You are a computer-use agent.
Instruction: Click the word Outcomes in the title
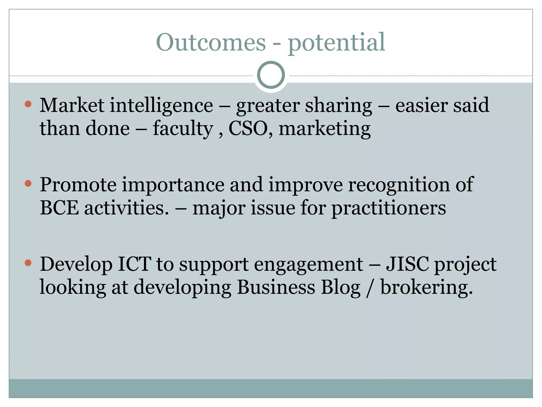(211, 42)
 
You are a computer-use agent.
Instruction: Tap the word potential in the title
(336, 42)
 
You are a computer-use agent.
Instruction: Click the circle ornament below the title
(271, 75)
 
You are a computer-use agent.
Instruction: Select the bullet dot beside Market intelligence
(28, 104)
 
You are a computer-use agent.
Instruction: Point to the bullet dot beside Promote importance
(28, 183)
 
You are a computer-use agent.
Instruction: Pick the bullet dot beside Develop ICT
(28, 263)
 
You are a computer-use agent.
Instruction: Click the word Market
(72, 105)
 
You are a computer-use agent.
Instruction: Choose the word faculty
(183, 129)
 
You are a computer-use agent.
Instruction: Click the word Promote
(78, 185)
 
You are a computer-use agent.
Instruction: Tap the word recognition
(399, 185)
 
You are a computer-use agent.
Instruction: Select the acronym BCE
(59, 208)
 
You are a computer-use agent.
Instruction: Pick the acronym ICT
(134, 264)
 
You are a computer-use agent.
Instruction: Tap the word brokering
(426, 288)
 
